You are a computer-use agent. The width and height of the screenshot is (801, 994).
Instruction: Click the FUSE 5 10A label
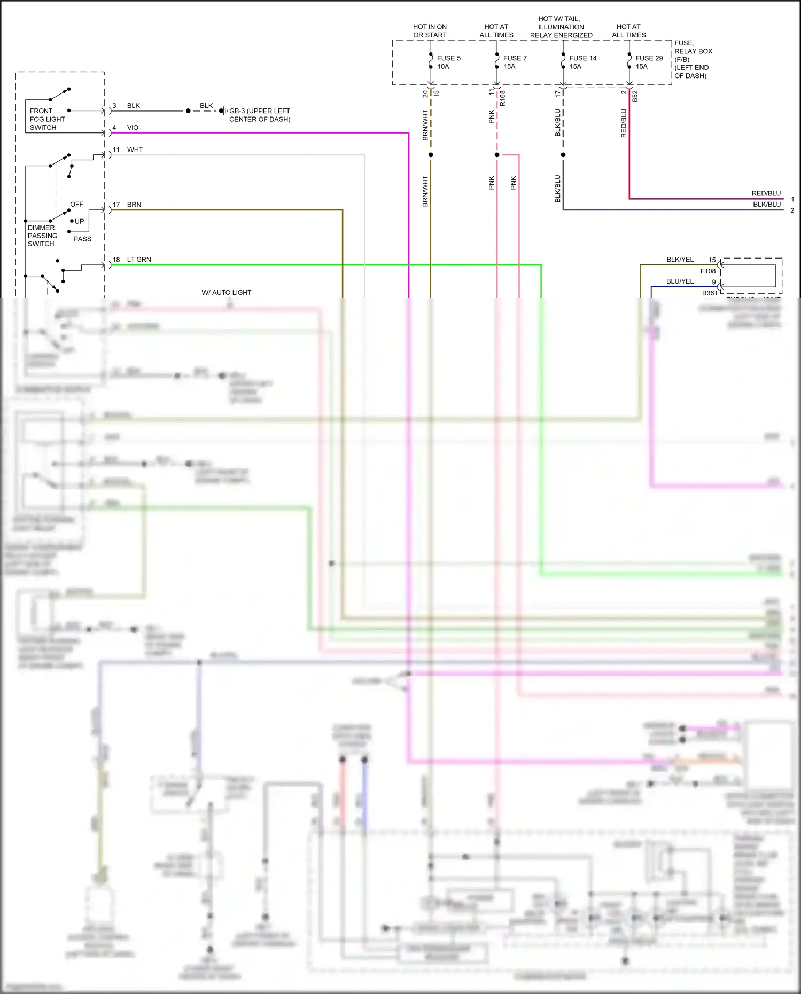[x=448, y=62]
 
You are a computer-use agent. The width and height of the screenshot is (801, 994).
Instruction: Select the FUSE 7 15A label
[x=515, y=62]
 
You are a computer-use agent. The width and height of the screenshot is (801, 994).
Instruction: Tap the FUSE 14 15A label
[x=582, y=62]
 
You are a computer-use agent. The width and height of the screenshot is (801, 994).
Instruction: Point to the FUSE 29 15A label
[x=649, y=62]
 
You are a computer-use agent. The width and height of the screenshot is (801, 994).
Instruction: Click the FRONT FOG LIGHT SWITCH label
[x=47, y=119]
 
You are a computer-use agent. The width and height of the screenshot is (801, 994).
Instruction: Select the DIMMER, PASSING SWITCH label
[x=42, y=236]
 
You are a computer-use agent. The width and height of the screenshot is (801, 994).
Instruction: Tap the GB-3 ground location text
[x=260, y=115]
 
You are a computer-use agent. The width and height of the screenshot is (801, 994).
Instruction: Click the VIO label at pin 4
[x=133, y=128]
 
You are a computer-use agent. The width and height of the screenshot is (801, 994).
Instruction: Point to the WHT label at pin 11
[x=135, y=150]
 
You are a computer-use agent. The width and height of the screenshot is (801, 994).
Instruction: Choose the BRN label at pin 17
[x=134, y=205]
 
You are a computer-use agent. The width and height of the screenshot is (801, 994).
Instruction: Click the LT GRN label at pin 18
[x=139, y=260]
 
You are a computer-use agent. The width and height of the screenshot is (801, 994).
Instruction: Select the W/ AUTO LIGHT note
[x=226, y=293]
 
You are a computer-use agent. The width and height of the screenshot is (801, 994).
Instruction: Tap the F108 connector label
[x=708, y=271]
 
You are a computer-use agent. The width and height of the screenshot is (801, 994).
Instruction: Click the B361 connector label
[x=710, y=293]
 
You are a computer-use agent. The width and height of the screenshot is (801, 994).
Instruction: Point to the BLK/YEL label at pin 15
[x=680, y=260]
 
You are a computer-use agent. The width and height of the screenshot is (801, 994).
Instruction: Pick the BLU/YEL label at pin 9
[x=680, y=281]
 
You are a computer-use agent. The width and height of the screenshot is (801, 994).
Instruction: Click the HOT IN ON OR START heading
[x=430, y=31]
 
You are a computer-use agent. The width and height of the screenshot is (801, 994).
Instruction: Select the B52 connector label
[x=635, y=97]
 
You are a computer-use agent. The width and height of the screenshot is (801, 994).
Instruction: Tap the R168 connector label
[x=502, y=98]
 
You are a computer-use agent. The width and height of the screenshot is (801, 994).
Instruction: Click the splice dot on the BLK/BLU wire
[x=563, y=155]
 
